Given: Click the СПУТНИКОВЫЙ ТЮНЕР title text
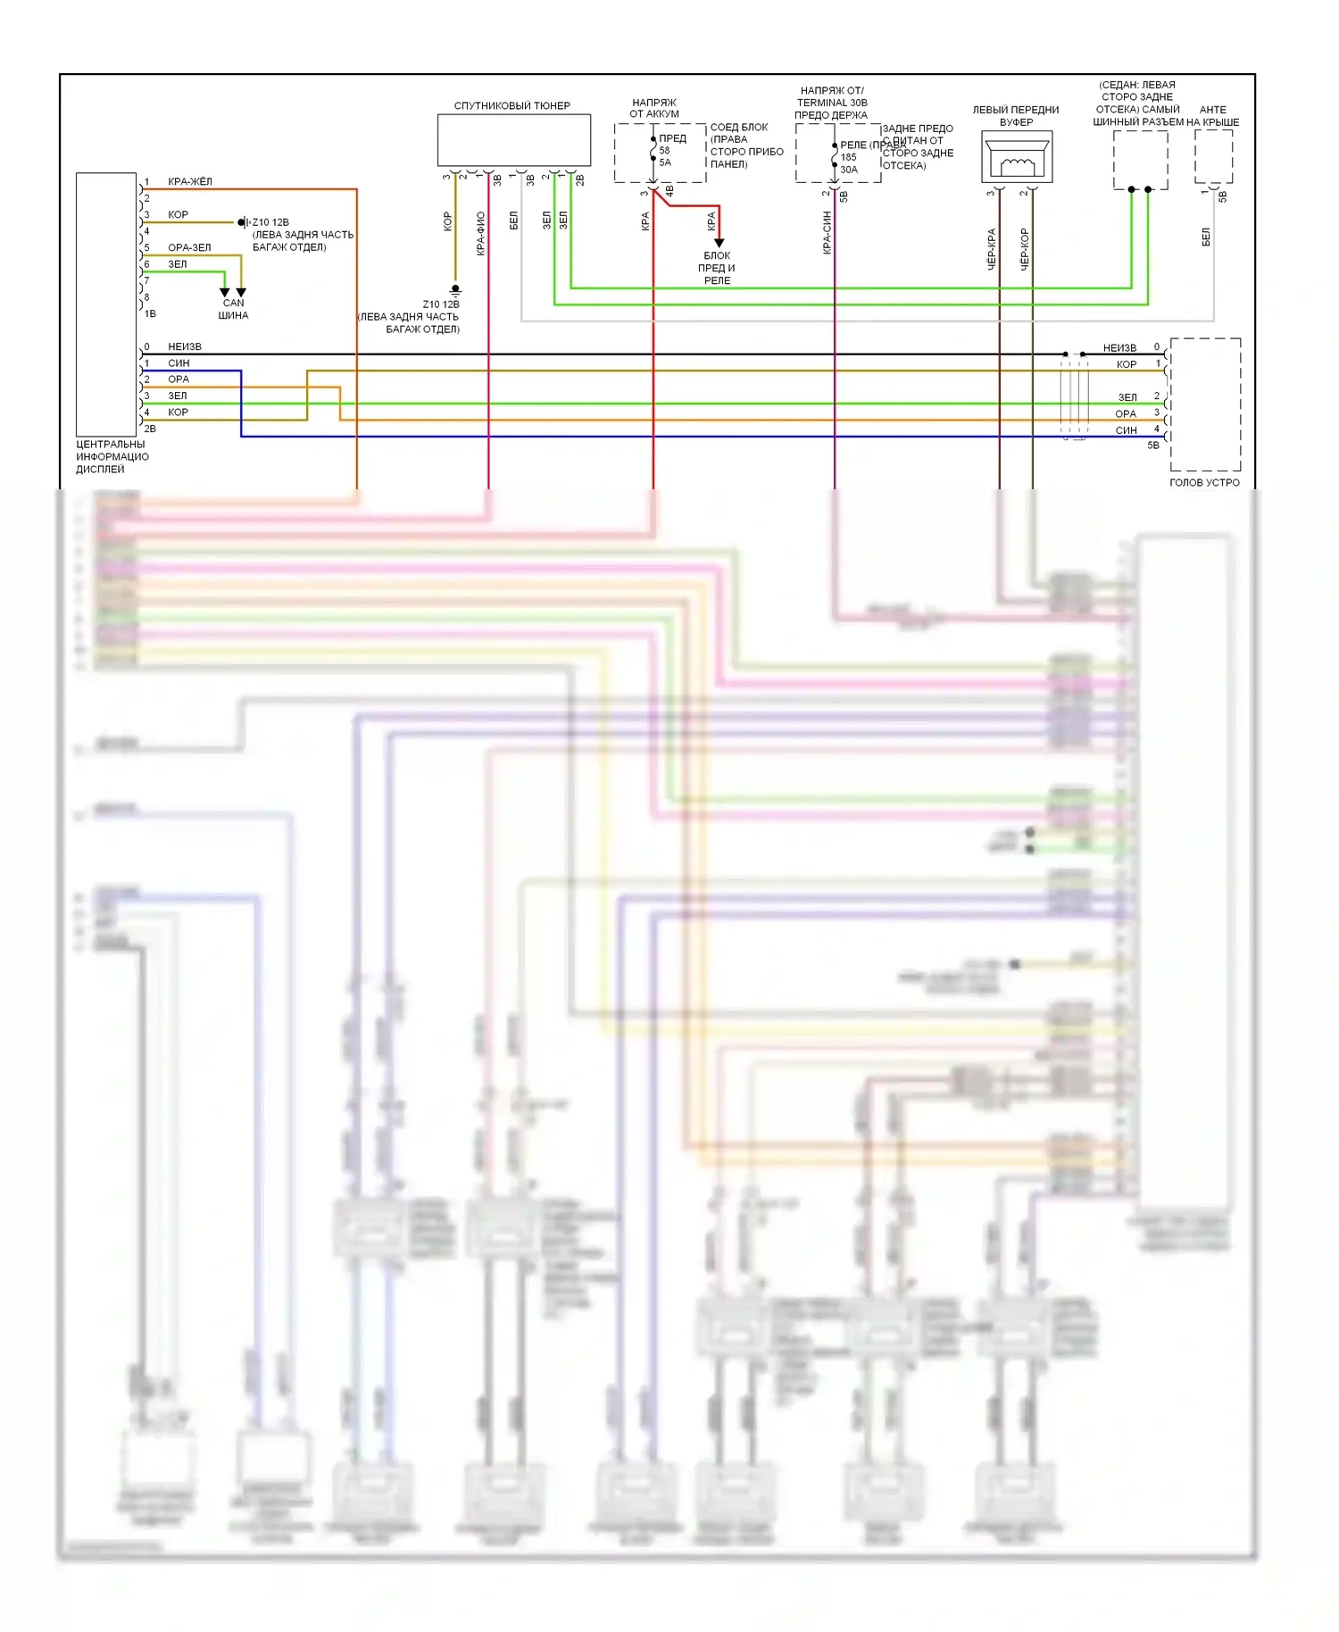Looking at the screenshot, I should click(511, 105).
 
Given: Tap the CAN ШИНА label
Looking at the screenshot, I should click(233, 309).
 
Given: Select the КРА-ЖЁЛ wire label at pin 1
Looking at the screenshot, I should click(190, 182).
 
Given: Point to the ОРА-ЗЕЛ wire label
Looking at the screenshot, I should click(189, 248).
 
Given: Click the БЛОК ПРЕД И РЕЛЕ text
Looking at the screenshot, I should click(717, 268).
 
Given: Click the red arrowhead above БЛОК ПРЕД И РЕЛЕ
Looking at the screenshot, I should click(719, 243).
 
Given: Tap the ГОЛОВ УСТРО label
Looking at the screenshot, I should click(1204, 483).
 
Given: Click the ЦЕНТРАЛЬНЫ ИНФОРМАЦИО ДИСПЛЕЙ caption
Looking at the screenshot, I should click(112, 457).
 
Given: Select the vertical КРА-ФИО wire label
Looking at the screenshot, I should click(480, 233).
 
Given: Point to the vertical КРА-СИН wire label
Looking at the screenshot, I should click(827, 233).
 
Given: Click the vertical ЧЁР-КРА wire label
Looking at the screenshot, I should click(991, 249).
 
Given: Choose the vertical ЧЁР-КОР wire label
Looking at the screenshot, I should click(1024, 249).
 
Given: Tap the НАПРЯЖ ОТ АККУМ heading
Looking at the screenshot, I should click(654, 108).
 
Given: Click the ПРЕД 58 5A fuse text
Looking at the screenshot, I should click(669, 150).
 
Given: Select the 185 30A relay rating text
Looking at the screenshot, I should click(849, 163).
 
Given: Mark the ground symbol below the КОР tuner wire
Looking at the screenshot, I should click(455, 290).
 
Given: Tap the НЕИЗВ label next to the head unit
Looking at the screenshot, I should click(1119, 348).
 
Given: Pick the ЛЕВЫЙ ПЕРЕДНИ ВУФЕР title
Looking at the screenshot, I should click(1016, 116).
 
